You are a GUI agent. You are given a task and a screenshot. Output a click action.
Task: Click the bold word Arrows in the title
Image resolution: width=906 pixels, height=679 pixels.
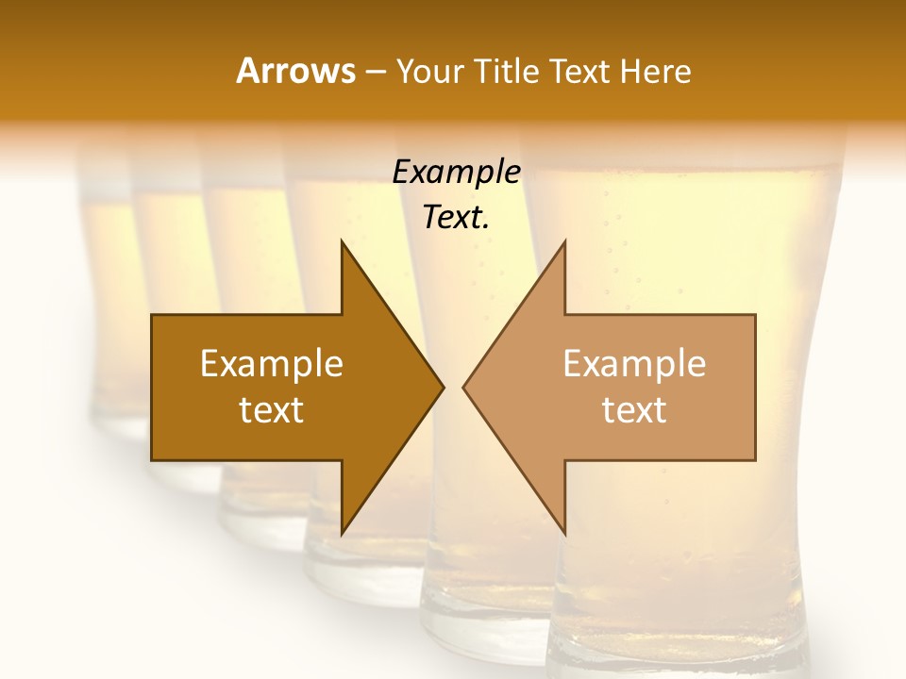click(x=295, y=71)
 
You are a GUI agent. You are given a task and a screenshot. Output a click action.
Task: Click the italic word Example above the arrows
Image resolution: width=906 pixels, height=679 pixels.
click(x=457, y=173)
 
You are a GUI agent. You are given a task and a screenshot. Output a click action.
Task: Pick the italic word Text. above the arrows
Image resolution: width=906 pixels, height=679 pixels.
click(x=457, y=218)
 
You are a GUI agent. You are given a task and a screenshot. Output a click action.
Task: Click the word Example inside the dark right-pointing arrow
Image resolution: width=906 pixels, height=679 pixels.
click(x=272, y=363)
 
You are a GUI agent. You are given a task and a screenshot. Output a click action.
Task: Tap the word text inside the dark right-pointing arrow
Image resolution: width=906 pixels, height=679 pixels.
click(x=272, y=410)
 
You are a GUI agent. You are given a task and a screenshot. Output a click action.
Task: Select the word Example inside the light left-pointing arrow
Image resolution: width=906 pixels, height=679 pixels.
click(x=634, y=363)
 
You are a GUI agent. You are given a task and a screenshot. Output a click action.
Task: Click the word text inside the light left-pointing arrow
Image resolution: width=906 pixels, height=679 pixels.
click(x=634, y=410)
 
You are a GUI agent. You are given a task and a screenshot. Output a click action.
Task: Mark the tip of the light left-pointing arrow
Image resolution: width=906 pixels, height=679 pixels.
click(x=464, y=387)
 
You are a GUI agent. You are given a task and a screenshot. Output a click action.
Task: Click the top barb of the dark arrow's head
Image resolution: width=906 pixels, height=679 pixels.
click(x=343, y=244)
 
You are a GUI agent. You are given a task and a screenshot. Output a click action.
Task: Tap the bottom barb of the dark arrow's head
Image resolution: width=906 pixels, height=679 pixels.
click(x=343, y=532)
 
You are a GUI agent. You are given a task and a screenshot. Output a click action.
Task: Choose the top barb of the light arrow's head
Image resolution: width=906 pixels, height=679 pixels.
click(x=564, y=244)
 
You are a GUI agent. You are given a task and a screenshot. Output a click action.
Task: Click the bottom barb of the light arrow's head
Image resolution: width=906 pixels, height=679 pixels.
click(x=564, y=532)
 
